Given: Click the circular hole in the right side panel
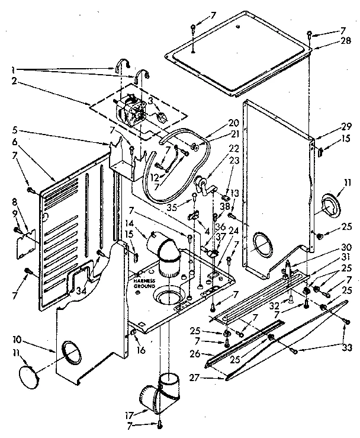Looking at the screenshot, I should pyautogui.click(x=261, y=243).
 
